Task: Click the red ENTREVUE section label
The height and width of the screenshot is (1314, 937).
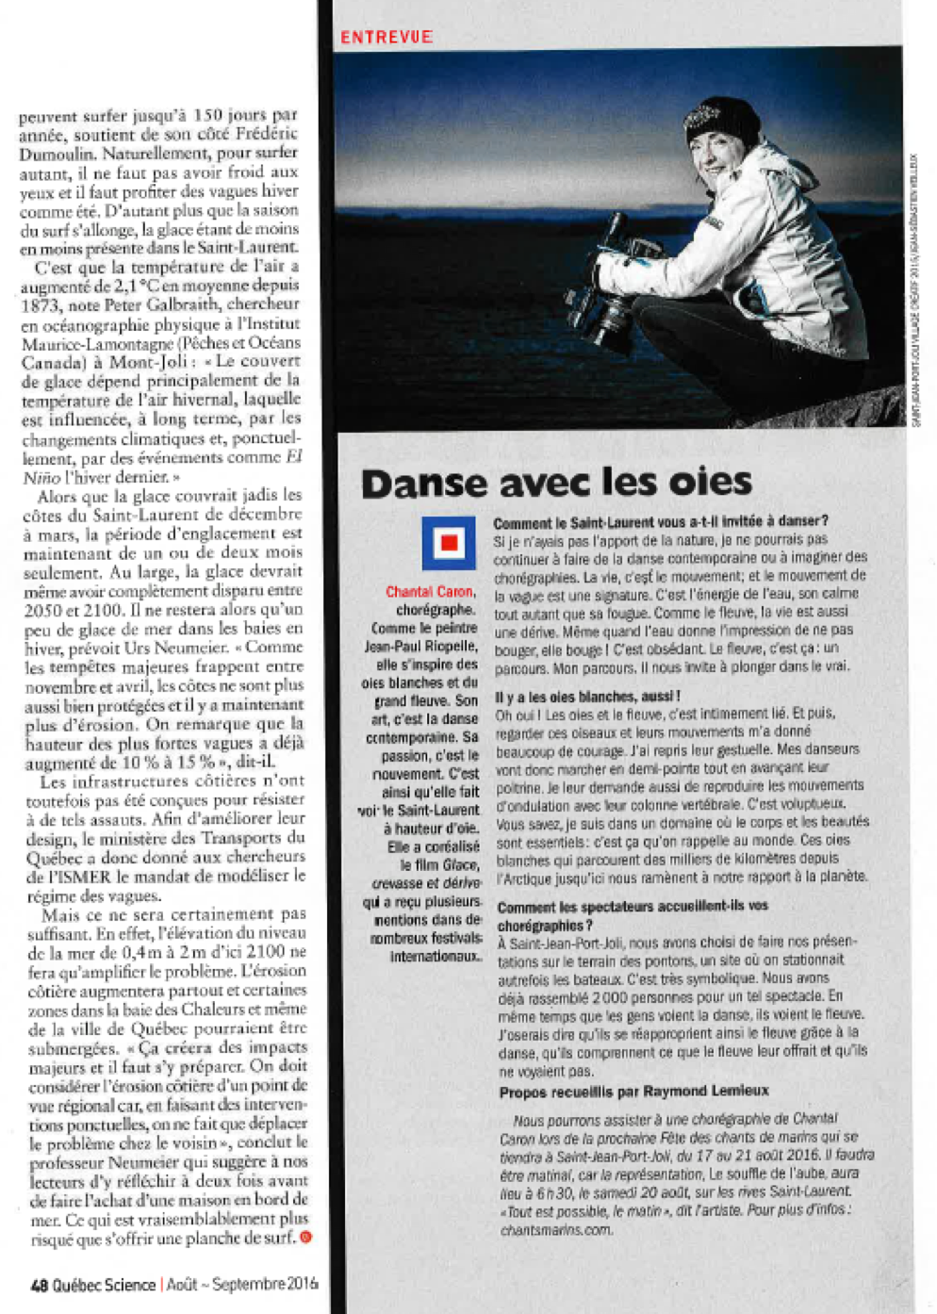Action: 386,38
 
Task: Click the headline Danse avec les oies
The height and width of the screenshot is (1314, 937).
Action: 556,483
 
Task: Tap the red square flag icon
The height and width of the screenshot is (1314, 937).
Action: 449,543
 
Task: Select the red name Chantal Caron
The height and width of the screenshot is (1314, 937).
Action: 431,592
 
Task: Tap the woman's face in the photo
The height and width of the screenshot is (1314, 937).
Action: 713,156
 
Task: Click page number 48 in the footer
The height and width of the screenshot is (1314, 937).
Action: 39,1285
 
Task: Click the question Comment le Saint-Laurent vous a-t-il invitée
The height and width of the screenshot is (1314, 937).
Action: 661,521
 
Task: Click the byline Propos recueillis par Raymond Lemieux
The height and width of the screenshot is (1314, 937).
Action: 633,1092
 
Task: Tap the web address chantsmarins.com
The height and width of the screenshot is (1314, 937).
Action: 556,1230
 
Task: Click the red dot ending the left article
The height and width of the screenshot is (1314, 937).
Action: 305,1238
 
